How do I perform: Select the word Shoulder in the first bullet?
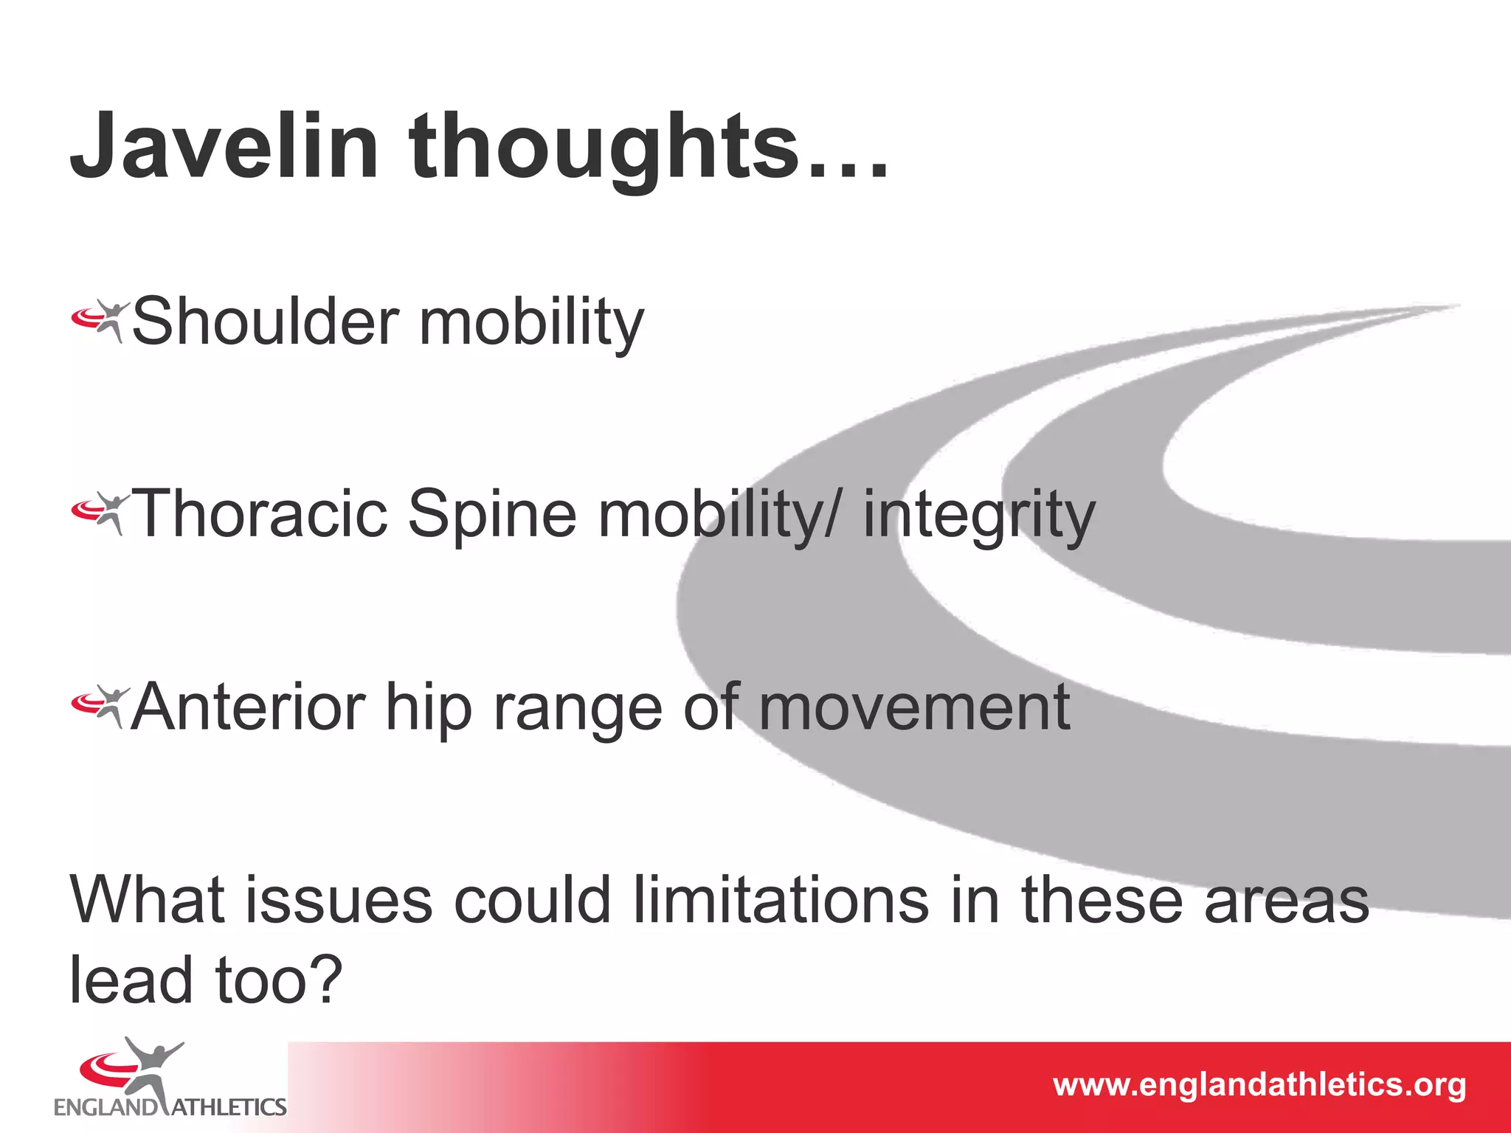[266, 322]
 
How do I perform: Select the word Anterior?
[248, 707]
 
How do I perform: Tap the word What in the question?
[147, 900]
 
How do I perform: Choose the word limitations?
[781, 900]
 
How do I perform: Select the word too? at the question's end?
[279, 981]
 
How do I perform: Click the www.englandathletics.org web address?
[1259, 1085]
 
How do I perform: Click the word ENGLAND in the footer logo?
[104, 1107]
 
